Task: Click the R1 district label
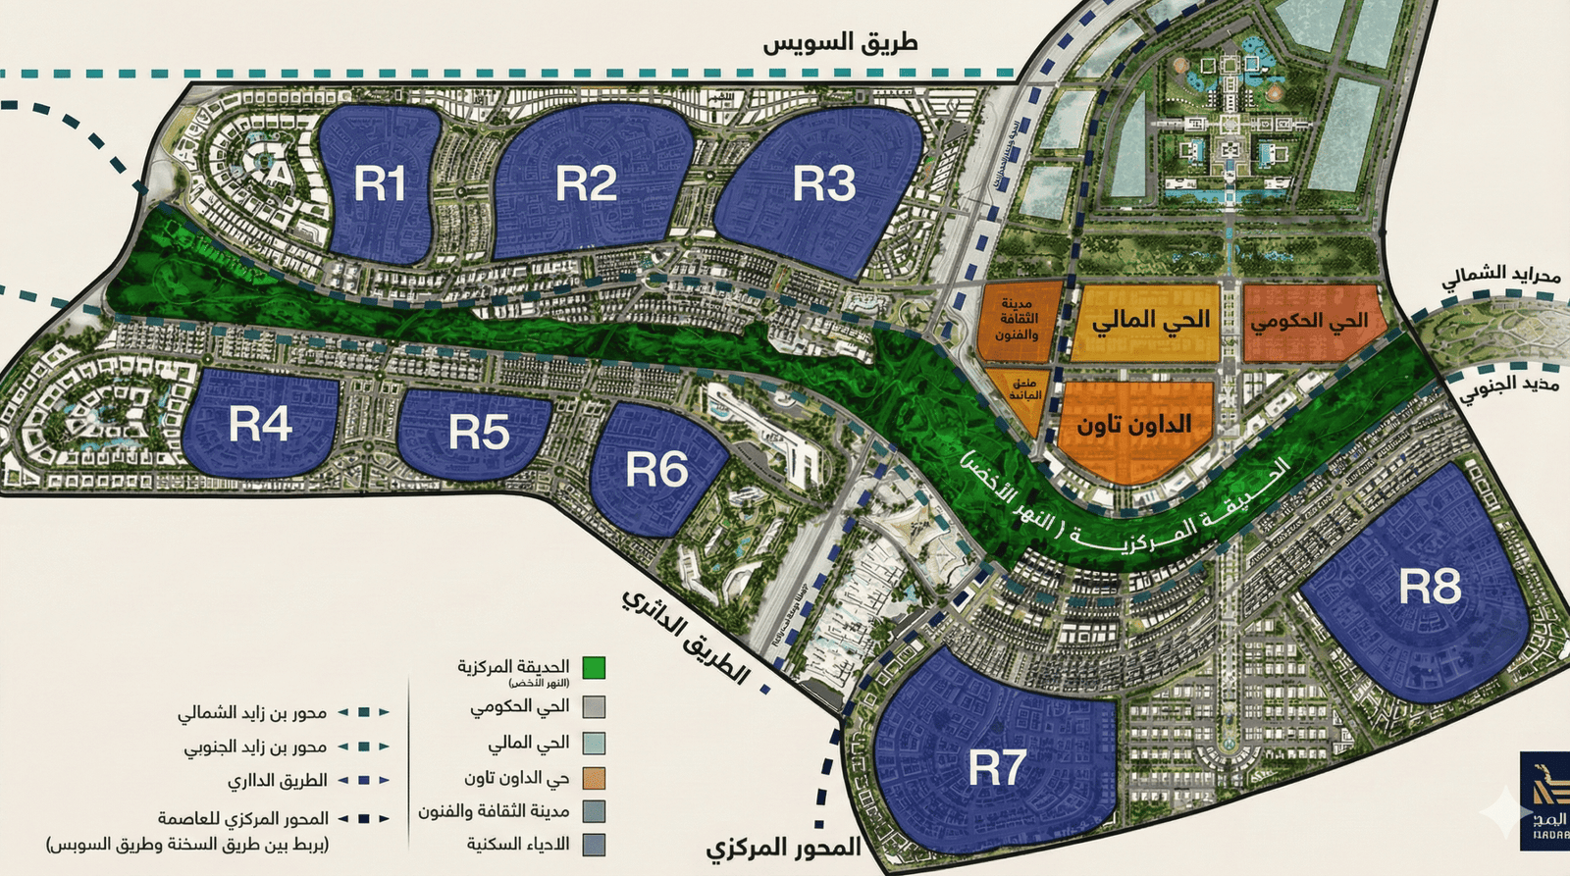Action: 380,183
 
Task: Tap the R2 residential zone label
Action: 586,183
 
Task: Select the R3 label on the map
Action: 823,183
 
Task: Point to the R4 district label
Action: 260,425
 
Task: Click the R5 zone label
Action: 479,432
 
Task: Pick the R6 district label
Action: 656,470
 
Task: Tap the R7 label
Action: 997,767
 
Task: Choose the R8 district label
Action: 1430,587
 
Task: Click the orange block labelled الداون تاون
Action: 1134,424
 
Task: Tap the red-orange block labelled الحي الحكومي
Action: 1309,321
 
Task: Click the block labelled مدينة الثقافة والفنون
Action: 1017,320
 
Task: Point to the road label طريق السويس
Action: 840,43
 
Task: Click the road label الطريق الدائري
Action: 685,637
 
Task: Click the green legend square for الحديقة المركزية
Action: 593,668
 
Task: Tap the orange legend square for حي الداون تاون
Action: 593,779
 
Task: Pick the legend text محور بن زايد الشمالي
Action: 252,713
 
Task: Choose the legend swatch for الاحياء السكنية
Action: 593,845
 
